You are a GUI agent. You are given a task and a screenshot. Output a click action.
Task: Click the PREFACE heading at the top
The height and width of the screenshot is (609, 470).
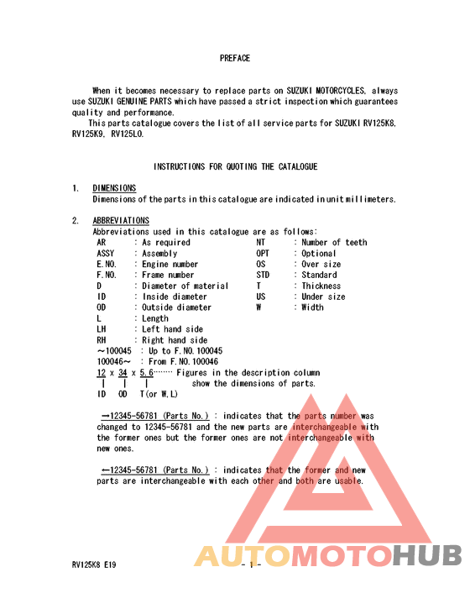(235, 58)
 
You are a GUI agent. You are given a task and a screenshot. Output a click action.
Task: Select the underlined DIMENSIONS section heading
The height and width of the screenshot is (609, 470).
(114, 188)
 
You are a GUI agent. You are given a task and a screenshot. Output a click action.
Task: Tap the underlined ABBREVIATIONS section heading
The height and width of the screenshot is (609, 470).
(121, 221)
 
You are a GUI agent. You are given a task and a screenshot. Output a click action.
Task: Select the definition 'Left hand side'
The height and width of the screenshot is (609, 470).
(172, 329)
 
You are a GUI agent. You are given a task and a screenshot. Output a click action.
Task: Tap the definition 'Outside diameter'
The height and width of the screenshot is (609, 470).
(176, 307)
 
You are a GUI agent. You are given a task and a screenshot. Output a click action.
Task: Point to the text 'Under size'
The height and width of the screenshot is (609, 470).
(323, 297)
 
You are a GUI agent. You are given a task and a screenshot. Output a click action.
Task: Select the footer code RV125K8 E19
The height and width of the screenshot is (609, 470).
(94, 565)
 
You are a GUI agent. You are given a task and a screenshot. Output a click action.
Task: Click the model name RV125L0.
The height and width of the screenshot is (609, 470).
(127, 134)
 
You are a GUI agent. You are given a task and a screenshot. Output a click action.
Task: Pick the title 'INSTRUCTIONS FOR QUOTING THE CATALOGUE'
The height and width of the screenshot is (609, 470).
(235, 166)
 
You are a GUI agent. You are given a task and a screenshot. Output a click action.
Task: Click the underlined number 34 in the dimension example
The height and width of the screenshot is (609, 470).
(123, 372)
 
